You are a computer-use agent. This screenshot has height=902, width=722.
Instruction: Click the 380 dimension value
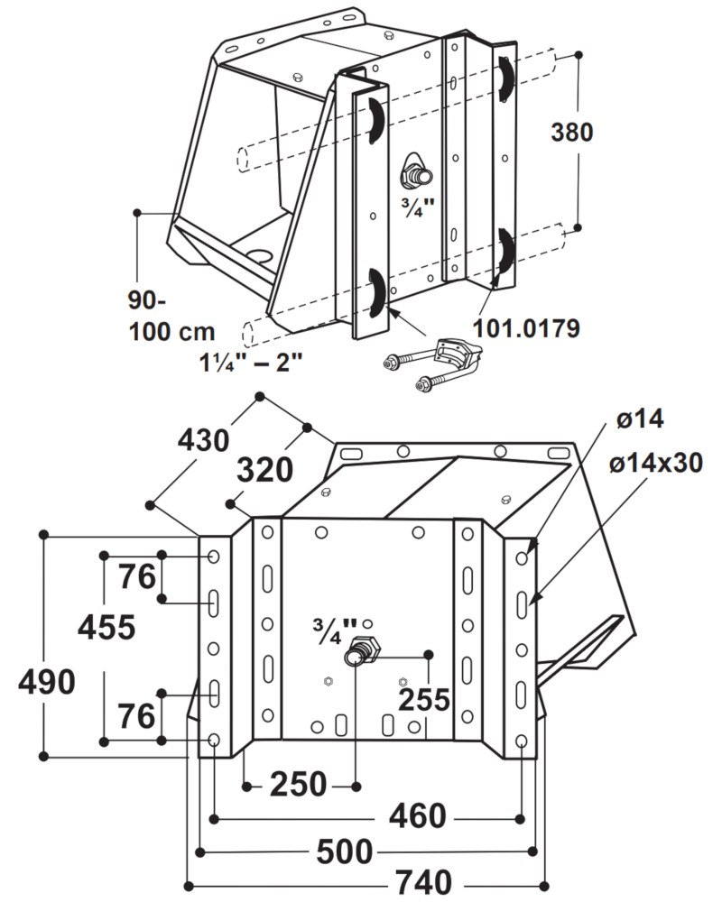572,133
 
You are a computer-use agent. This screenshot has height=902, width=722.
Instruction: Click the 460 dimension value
417,817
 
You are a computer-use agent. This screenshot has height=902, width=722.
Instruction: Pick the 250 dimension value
298,785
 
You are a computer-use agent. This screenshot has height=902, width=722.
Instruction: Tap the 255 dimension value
423,699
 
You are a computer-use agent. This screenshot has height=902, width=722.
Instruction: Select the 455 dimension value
106,625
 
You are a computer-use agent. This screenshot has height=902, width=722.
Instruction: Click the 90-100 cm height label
165,316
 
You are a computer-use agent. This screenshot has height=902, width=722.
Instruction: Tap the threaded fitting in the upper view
417,171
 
